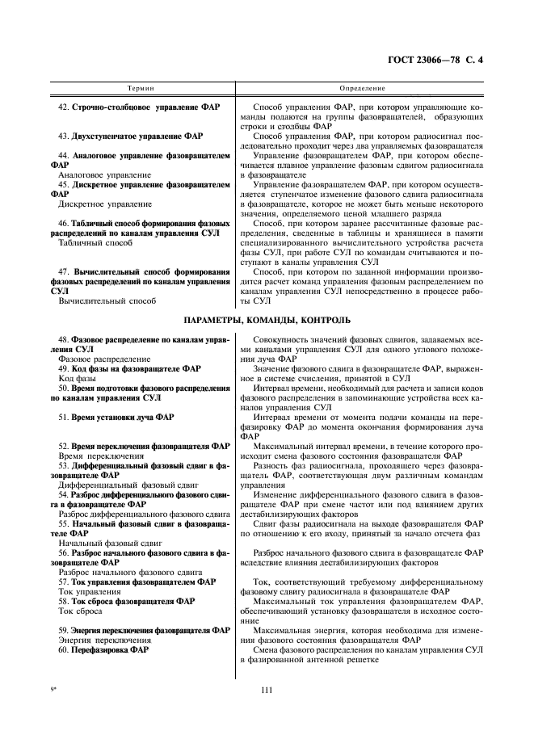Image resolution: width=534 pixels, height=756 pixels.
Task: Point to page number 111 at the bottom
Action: (x=267, y=688)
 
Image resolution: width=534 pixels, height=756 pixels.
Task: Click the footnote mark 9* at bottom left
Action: (x=55, y=688)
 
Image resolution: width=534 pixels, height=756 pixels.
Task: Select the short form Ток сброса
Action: (x=81, y=611)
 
